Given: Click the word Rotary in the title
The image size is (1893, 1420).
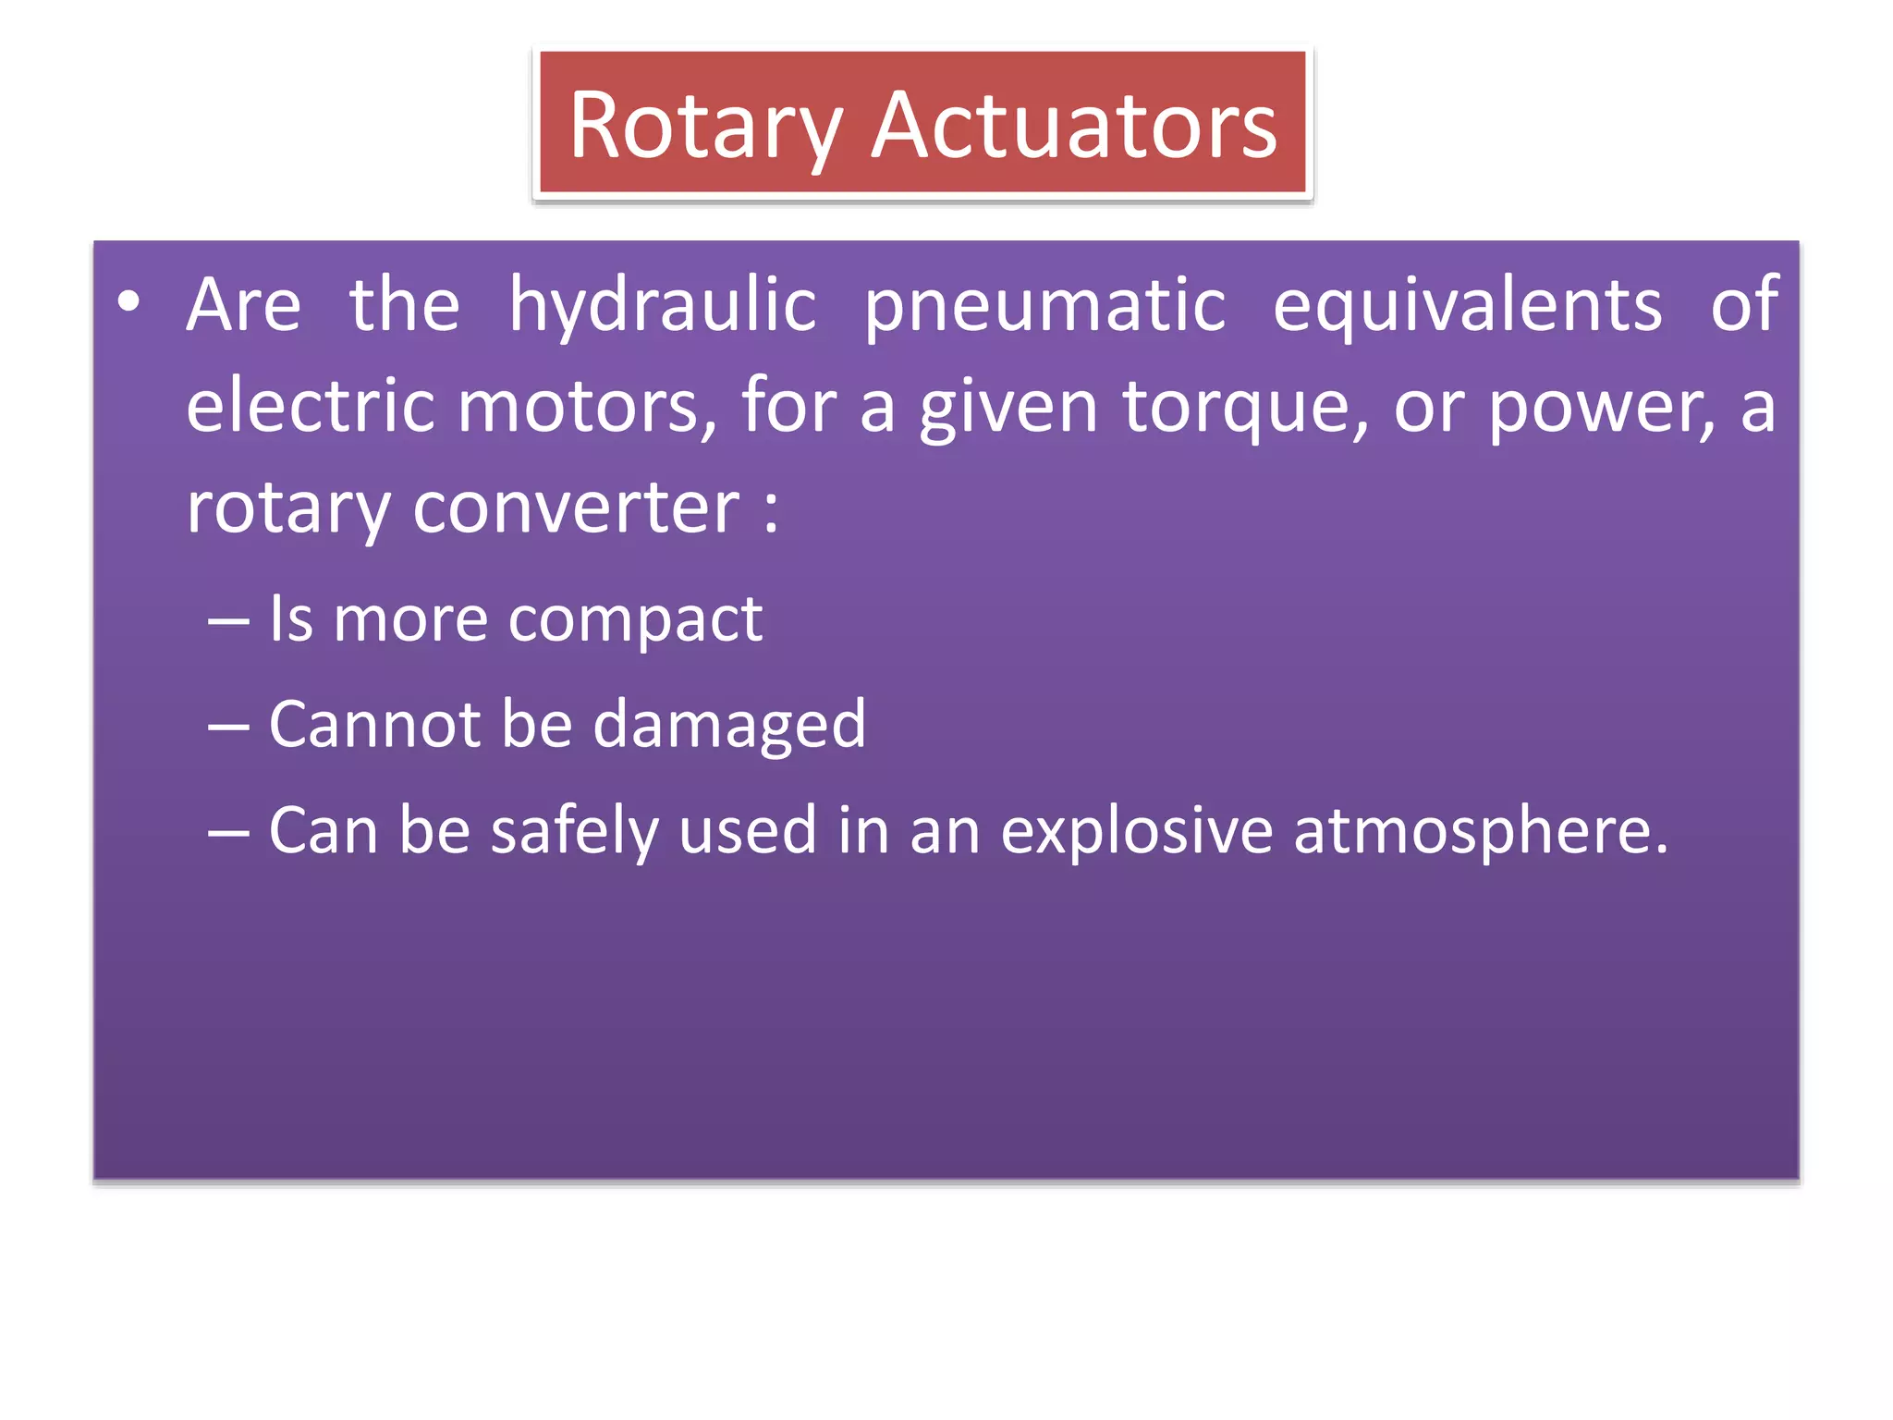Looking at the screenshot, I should tap(705, 127).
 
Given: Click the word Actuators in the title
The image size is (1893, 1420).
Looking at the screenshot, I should tap(1074, 127).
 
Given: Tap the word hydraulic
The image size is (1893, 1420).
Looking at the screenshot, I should tap(663, 305).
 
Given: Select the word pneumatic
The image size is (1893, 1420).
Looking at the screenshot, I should tap(1044, 305).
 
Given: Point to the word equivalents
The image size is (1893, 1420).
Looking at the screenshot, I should tap(1467, 305).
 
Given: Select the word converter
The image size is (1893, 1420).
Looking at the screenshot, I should tap(576, 508).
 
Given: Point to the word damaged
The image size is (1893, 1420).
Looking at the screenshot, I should tap(729, 725).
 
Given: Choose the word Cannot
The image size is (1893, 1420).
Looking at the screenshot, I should tap(374, 725).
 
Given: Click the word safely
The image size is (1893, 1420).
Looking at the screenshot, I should tap(574, 831).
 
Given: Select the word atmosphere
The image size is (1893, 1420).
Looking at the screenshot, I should tap(1480, 831).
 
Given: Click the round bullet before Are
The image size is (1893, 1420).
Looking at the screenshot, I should tap(128, 301).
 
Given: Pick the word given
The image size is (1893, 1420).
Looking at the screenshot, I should tap(1008, 406).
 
